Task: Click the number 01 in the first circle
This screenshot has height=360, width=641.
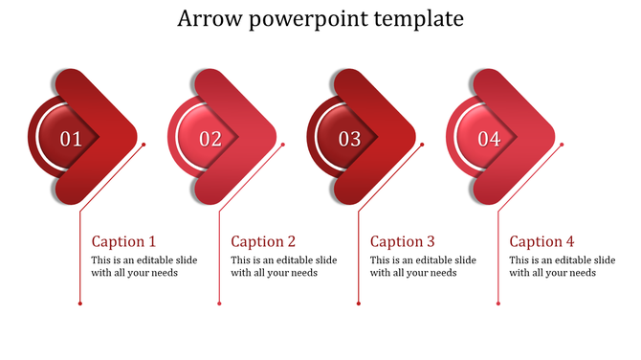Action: pyautogui.click(x=71, y=140)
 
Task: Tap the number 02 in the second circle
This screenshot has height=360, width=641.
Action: pyautogui.click(x=210, y=140)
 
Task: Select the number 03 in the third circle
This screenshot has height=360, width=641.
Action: pyautogui.click(x=349, y=140)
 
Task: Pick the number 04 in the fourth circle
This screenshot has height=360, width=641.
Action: pyautogui.click(x=489, y=140)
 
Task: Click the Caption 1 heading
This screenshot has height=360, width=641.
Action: pyautogui.click(x=123, y=241)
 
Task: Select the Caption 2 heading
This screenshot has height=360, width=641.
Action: pyautogui.click(x=263, y=241)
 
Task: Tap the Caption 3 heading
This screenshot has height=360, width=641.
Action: pyautogui.click(x=403, y=241)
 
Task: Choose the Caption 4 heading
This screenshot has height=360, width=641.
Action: pyautogui.click(x=542, y=241)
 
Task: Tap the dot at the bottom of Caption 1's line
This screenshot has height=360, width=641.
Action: pyautogui.click(x=79, y=304)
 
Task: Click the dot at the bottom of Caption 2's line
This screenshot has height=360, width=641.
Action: pyautogui.click(x=219, y=304)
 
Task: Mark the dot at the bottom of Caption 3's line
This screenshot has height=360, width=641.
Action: pyautogui.click(x=359, y=304)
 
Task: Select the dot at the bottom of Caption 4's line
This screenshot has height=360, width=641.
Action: pyautogui.click(x=497, y=304)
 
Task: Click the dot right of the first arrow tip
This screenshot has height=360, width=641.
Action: pyautogui.click(x=144, y=145)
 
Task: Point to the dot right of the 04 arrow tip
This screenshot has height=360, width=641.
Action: pyautogui.click(x=562, y=145)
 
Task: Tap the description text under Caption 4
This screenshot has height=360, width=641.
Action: pyautogui.click(x=562, y=266)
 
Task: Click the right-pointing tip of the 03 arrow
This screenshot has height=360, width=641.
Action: pyautogui.click(x=411, y=134)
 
